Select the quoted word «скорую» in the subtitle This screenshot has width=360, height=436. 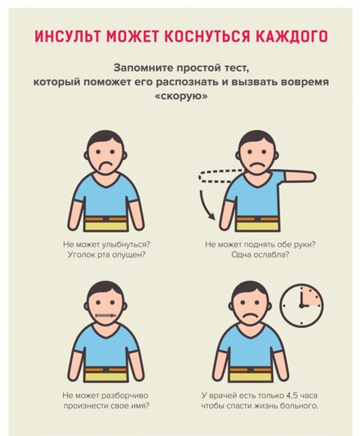tap(180, 97)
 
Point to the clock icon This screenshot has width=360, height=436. tap(301, 305)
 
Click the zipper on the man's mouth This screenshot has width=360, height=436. tap(106, 315)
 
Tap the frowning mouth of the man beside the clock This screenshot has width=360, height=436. tap(249, 316)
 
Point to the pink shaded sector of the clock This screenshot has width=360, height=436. tap(311, 297)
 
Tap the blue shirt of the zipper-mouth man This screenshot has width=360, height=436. tap(106, 347)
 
